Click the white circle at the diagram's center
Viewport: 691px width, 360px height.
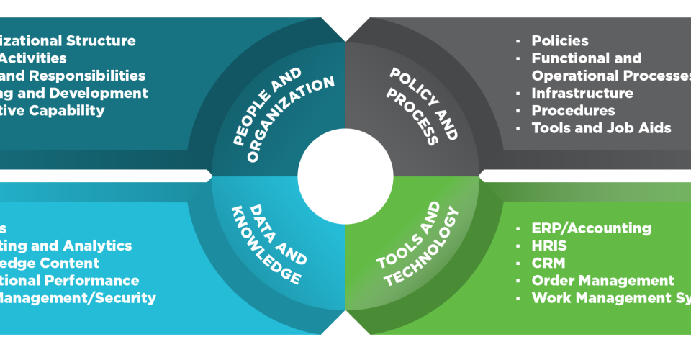(x=345, y=176)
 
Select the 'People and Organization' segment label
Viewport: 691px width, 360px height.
(x=283, y=108)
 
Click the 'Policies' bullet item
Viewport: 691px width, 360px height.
(x=559, y=41)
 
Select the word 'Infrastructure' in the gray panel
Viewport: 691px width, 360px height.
(x=582, y=93)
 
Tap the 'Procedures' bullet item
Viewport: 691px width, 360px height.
(x=573, y=110)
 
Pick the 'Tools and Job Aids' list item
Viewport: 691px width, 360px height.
(x=601, y=128)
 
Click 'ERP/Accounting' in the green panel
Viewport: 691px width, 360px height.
(x=591, y=228)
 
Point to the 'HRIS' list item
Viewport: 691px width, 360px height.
(x=548, y=246)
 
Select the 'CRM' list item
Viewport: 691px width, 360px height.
(x=548, y=263)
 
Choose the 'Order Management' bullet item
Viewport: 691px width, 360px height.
(x=602, y=281)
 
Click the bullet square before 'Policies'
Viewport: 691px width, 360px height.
(x=519, y=41)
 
